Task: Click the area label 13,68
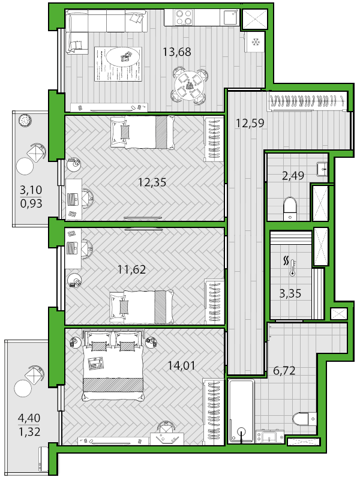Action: point(176,52)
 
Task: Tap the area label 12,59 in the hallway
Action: point(250,124)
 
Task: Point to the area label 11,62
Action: point(131,270)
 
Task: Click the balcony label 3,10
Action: point(31,190)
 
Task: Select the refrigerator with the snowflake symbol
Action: point(255,42)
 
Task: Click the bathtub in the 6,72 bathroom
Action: point(241,411)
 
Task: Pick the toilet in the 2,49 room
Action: point(290,208)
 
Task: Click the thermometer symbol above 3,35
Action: point(291,266)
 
